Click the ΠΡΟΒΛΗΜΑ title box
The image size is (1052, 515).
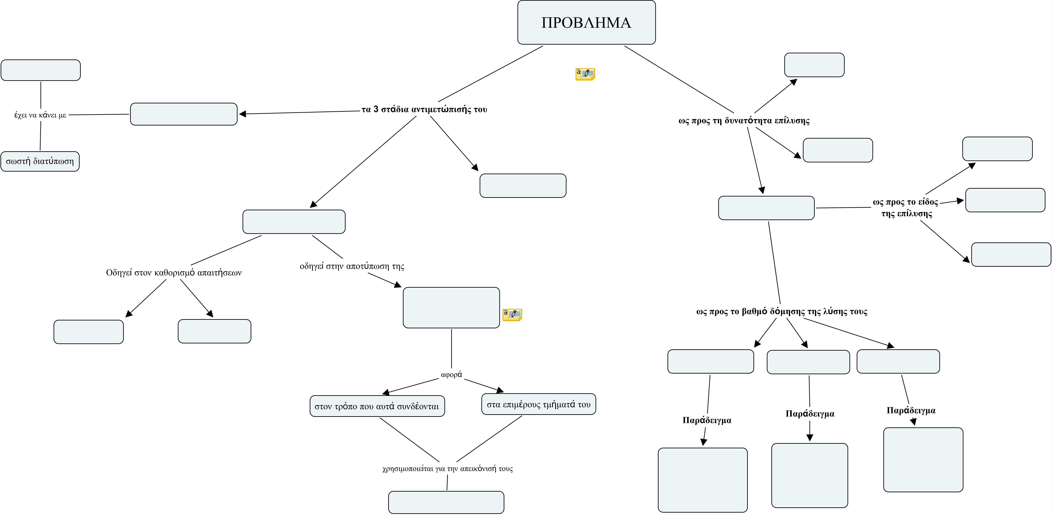point(586,23)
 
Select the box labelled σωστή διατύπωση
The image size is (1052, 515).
point(40,161)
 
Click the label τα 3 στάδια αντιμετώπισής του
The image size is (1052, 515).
point(424,109)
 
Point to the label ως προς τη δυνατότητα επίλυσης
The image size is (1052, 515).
point(744,120)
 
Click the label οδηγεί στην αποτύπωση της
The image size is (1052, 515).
point(352,266)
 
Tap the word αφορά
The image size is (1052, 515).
point(451,374)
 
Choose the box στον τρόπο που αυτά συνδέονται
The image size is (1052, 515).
point(377,406)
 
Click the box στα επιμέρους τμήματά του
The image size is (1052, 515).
point(539,404)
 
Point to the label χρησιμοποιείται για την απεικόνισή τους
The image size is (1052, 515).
point(447,468)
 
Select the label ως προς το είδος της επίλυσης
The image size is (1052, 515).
point(906,208)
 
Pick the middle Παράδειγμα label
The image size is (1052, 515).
point(810,413)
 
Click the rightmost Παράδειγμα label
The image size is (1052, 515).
point(911,410)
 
